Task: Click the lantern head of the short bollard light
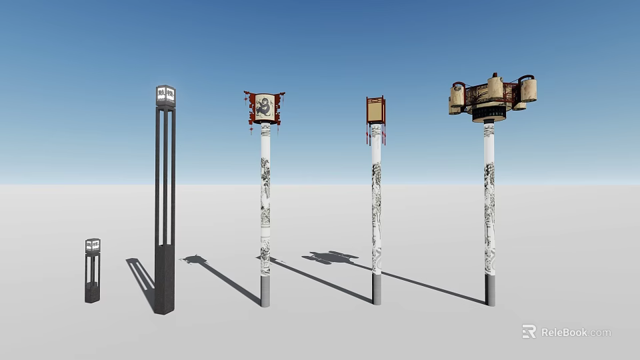[x=93, y=246]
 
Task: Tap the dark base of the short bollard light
[x=92, y=293]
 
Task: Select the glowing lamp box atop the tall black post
[x=165, y=97]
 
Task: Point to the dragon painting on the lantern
[x=265, y=108]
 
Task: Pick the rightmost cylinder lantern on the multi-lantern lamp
[x=529, y=90]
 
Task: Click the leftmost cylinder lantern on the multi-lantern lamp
[x=457, y=97]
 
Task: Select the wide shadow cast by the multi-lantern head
[x=331, y=257]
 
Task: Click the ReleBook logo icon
[x=529, y=331]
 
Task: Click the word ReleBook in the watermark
[x=564, y=332]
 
